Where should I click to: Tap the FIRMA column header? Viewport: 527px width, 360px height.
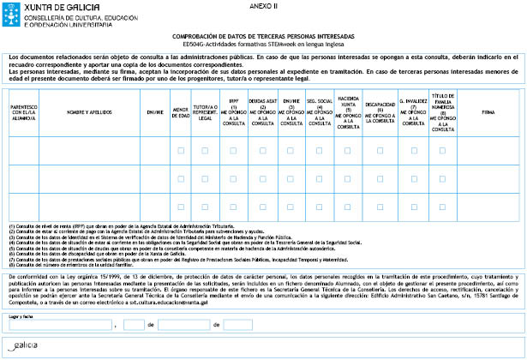click(489, 112)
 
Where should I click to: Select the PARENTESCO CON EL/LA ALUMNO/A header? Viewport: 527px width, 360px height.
click(22, 112)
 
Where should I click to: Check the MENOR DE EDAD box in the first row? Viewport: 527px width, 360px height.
click(180, 151)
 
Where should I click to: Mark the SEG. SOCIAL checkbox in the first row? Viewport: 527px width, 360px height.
click(319, 151)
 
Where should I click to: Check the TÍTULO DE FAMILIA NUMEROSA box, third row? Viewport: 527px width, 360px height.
click(442, 207)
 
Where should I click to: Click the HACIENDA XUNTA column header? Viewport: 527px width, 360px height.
click(349, 112)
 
